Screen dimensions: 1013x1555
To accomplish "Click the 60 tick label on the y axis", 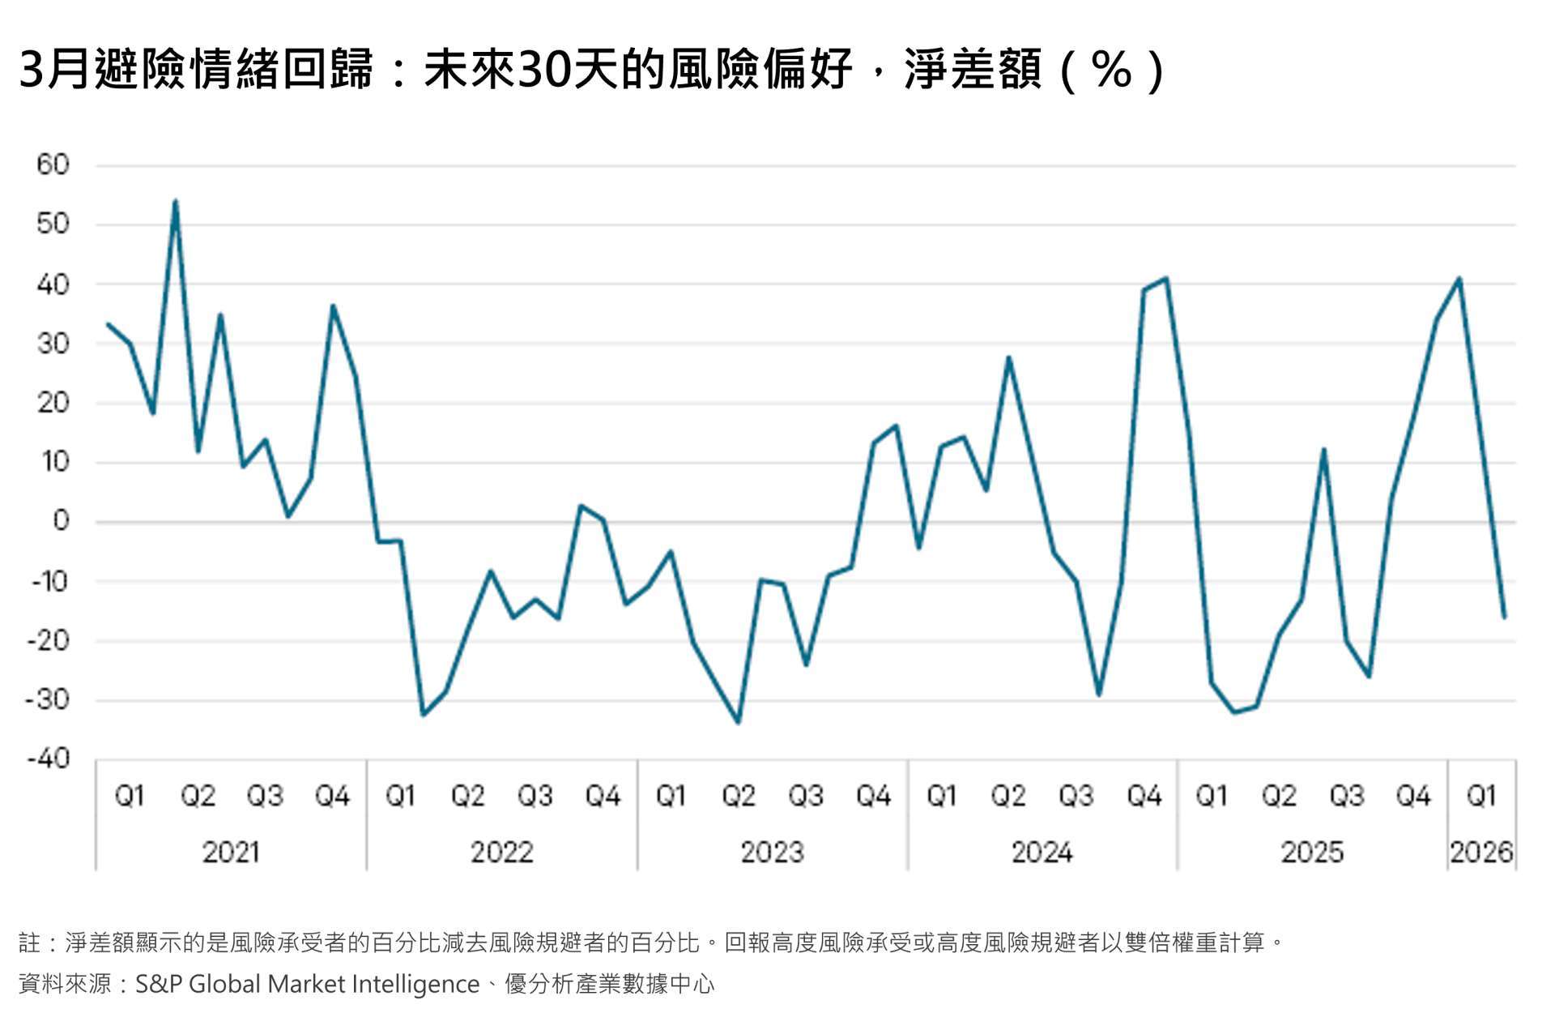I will (x=53, y=165).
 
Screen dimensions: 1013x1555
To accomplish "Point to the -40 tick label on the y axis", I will (x=49, y=759).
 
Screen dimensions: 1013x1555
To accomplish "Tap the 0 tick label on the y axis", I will (x=62, y=521).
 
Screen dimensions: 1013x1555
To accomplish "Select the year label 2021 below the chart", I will (x=231, y=853).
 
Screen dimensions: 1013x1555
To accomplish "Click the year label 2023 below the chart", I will (x=772, y=853).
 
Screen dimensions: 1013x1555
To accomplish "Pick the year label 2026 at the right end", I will (x=1481, y=853).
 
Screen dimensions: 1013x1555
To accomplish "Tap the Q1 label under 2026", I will (x=1481, y=797).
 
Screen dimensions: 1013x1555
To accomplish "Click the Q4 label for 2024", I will (x=1144, y=797).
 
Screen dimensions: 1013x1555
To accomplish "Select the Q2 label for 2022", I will (x=468, y=797).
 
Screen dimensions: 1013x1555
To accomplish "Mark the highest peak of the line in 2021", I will (x=176, y=201).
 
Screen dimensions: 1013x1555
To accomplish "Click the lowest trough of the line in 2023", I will (x=738, y=722).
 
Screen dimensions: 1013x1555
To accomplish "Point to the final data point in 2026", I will (x=1504, y=618).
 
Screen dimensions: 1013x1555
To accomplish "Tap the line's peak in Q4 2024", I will (x=1166, y=278).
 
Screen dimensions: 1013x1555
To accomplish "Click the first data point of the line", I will (x=108, y=324).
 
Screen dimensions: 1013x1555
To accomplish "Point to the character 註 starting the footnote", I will (x=30, y=942).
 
